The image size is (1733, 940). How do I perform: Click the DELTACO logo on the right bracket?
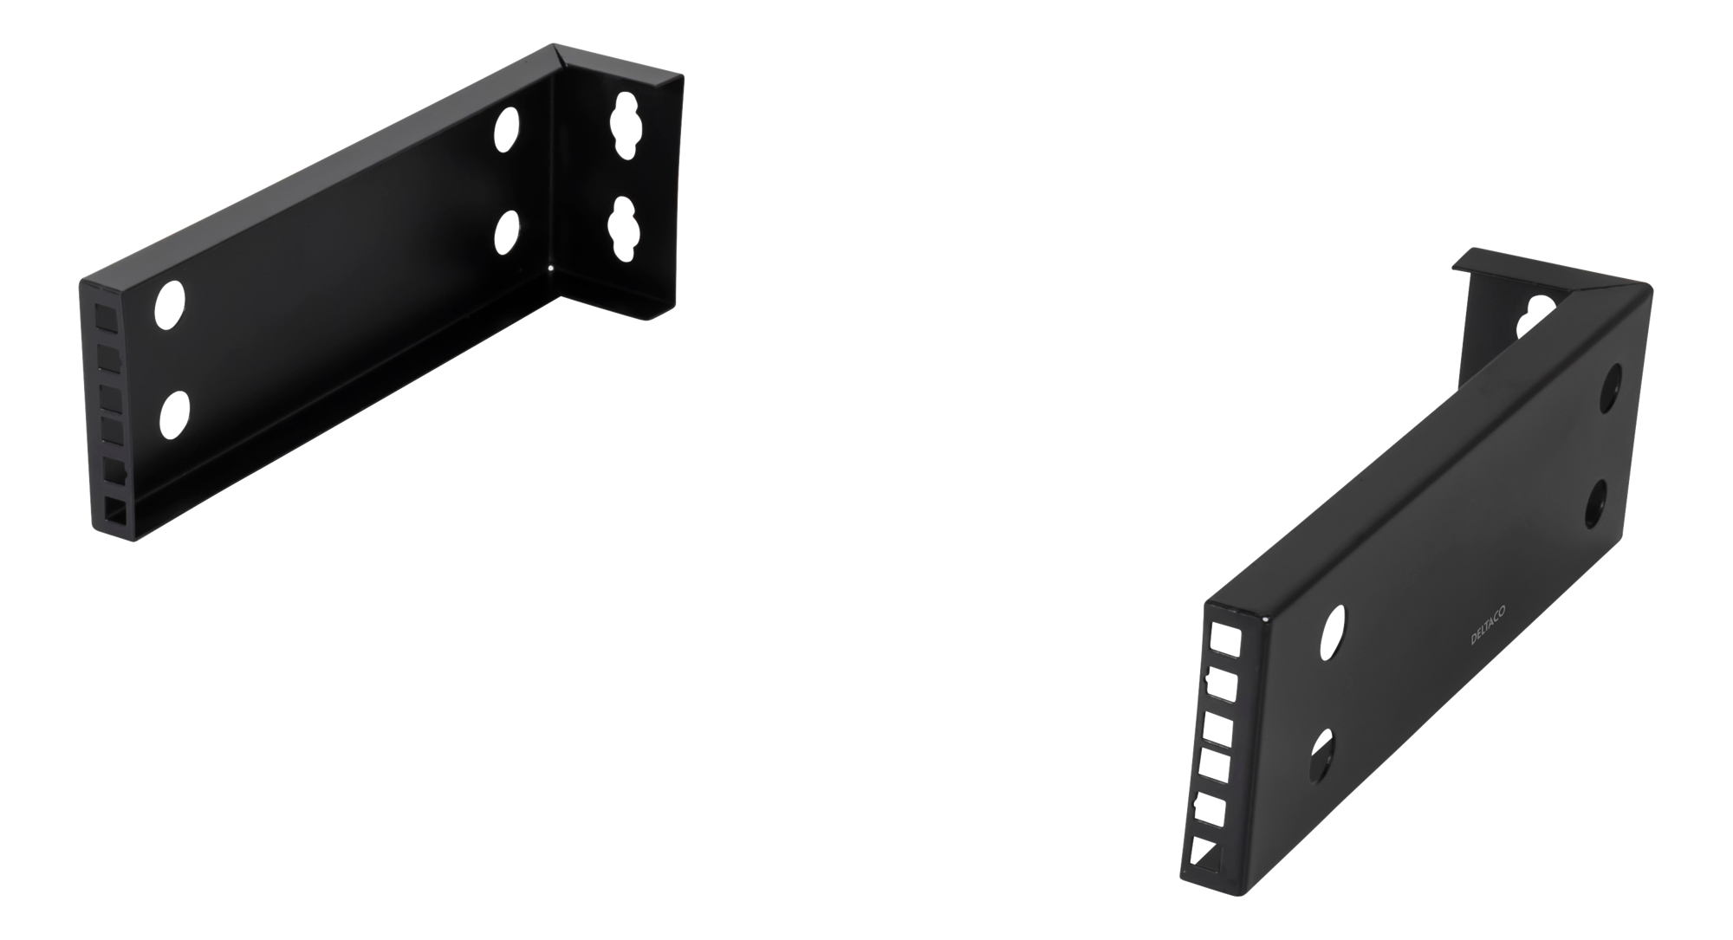(1488, 626)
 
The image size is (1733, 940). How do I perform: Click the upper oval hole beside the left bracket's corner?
(506, 130)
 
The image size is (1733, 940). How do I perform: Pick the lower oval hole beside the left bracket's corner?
(507, 232)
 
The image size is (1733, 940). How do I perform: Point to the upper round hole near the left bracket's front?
(170, 305)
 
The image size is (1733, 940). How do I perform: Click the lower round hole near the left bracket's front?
(175, 415)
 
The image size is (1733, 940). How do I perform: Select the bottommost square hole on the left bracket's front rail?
(115, 511)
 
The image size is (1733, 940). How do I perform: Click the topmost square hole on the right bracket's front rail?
(1226, 641)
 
